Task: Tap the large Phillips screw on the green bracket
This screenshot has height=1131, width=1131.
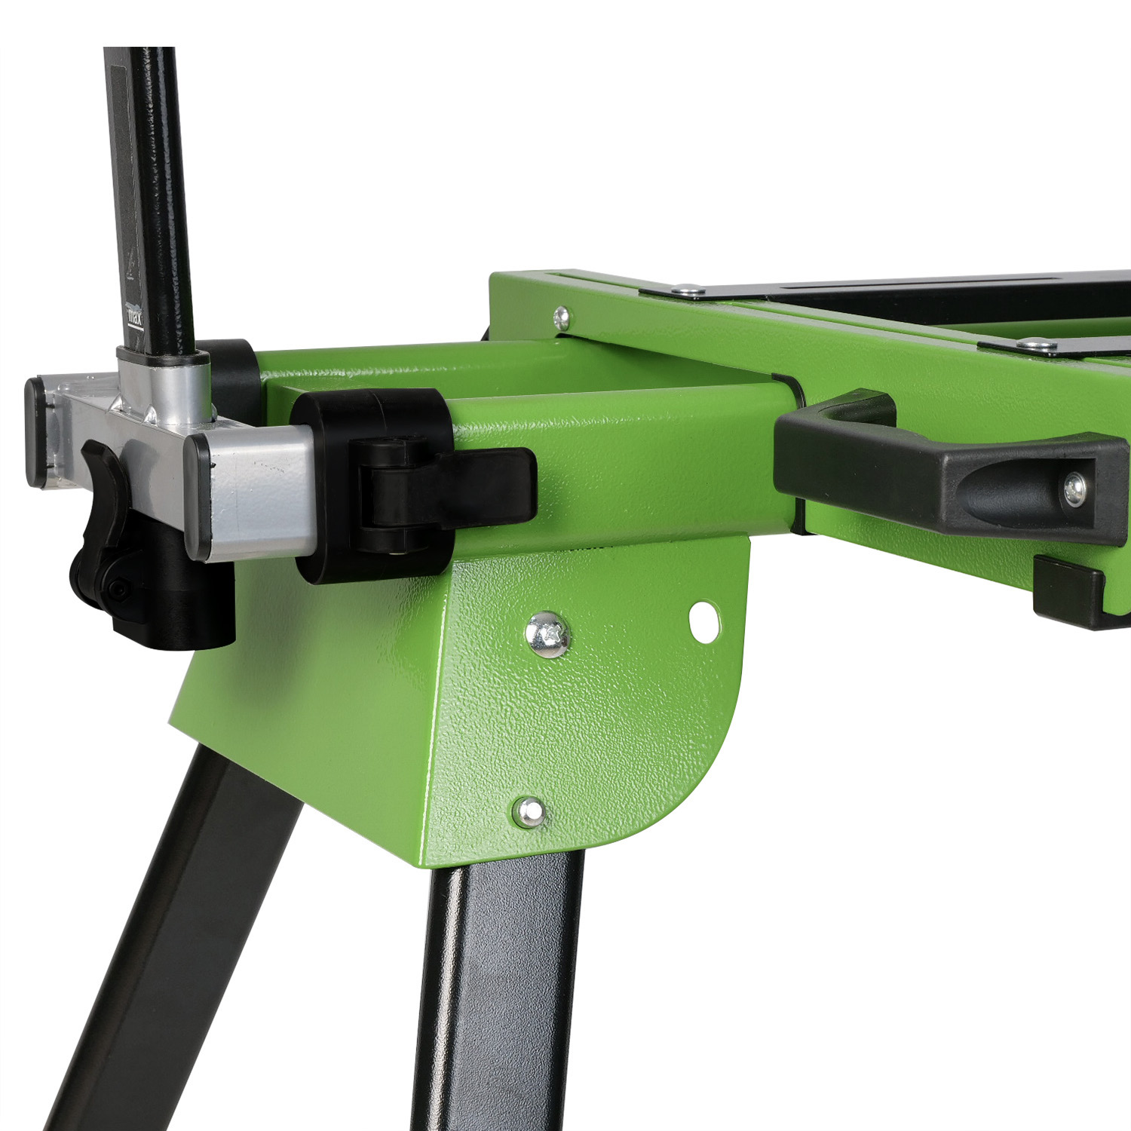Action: pyautogui.click(x=548, y=633)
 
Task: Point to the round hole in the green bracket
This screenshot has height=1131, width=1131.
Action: pyautogui.click(x=704, y=622)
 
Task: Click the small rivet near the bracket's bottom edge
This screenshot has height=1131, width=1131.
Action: pyautogui.click(x=529, y=811)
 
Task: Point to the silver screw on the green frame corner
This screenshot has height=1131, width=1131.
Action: pyautogui.click(x=561, y=317)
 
